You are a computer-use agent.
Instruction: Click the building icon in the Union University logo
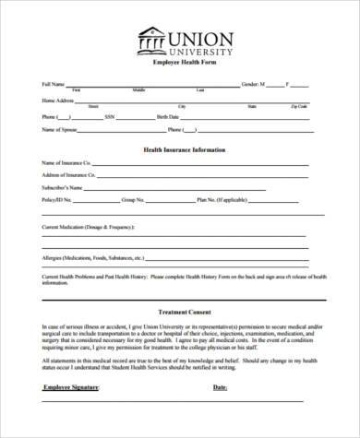(151, 41)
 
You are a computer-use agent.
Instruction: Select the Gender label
(250, 84)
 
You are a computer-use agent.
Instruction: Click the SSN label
(108, 116)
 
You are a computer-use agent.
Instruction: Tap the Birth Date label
(168, 116)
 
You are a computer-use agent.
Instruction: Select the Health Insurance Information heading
(184, 149)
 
